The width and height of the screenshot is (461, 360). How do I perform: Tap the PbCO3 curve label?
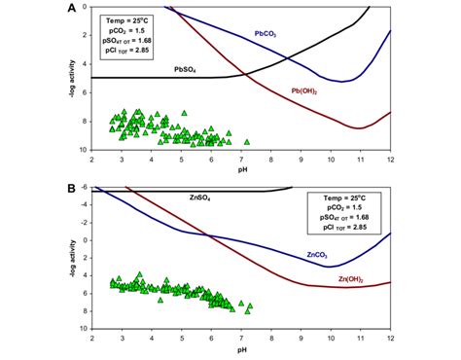266,33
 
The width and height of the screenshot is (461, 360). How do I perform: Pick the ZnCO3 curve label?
316,256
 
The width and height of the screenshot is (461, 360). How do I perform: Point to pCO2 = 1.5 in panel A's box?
124,30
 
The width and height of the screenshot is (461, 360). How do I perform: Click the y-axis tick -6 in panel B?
85,187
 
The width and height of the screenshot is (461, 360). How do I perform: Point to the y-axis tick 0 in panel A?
86,7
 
